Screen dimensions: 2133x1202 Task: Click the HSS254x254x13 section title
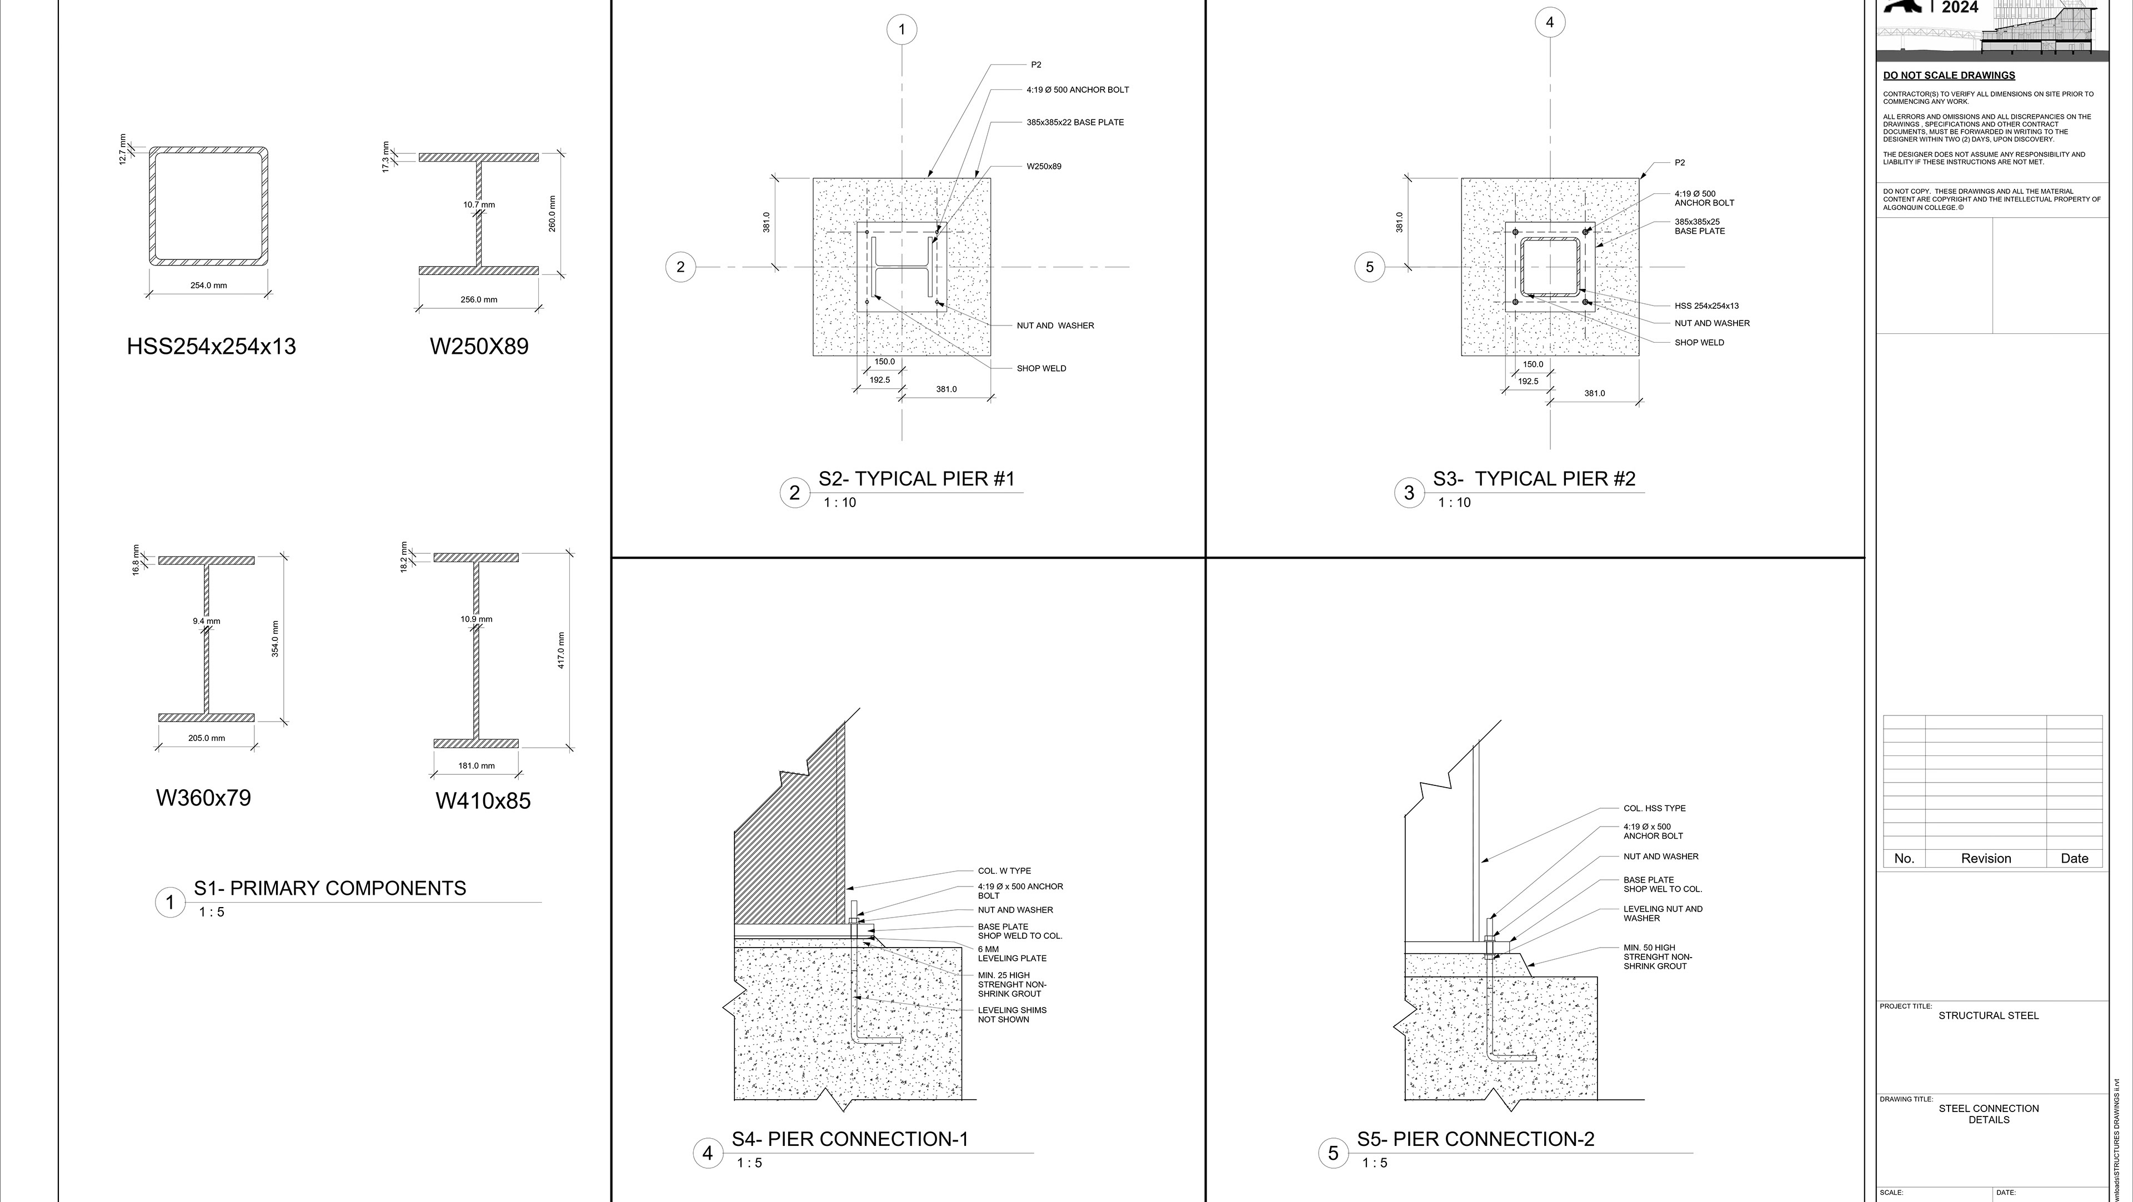coord(211,346)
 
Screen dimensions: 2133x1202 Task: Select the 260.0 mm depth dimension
coord(552,214)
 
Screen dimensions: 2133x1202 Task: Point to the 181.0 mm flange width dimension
coord(476,766)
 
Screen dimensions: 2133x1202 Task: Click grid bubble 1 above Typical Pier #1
coord(902,31)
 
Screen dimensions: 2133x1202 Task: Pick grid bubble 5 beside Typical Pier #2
coord(1370,267)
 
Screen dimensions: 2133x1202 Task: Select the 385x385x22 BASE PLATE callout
coord(1075,123)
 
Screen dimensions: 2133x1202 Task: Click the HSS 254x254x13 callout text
coord(1706,305)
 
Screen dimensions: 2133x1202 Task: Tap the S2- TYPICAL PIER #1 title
coord(916,478)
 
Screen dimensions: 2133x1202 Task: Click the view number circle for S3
coord(1409,493)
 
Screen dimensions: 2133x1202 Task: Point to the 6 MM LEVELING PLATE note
coord(1012,954)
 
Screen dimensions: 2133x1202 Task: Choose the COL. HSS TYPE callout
coord(1654,808)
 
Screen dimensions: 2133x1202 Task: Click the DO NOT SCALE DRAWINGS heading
coord(1949,76)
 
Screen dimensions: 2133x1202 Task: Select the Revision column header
coord(1986,859)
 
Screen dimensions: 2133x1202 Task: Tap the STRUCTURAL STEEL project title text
coord(1988,1016)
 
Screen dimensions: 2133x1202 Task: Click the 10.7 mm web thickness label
coord(479,204)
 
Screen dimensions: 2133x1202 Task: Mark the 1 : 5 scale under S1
coord(211,912)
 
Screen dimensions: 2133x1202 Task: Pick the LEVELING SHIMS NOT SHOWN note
coord(1012,1015)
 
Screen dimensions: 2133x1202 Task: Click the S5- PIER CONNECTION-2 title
coord(1475,1139)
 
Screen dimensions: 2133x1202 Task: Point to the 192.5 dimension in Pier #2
coord(1528,382)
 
